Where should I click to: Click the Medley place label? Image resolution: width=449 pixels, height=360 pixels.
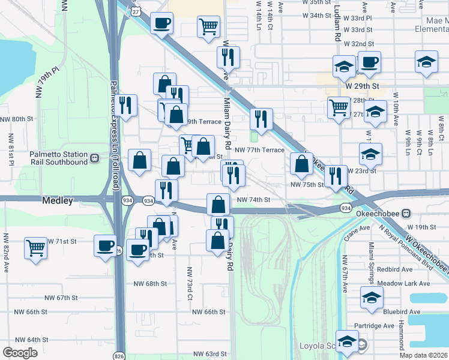[x=58, y=200]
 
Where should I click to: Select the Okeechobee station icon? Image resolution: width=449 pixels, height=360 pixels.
[x=406, y=213]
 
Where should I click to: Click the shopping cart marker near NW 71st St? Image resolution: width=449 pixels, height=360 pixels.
[x=36, y=247]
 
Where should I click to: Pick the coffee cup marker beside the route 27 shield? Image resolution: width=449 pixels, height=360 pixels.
[x=161, y=23]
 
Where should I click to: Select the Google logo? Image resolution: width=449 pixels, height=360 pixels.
[x=20, y=353]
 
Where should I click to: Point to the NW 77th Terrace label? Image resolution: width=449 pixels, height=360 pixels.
[x=259, y=150]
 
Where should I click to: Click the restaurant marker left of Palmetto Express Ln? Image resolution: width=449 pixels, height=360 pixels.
[x=126, y=106]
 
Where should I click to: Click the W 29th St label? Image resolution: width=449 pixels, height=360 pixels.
[x=363, y=86]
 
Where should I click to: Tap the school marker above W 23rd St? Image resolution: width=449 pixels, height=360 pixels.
[x=371, y=155]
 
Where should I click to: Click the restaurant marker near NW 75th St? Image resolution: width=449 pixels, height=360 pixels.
[x=336, y=176]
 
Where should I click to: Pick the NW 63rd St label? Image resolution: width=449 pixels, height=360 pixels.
[x=209, y=354]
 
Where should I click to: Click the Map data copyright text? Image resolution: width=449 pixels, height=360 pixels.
[x=424, y=355]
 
